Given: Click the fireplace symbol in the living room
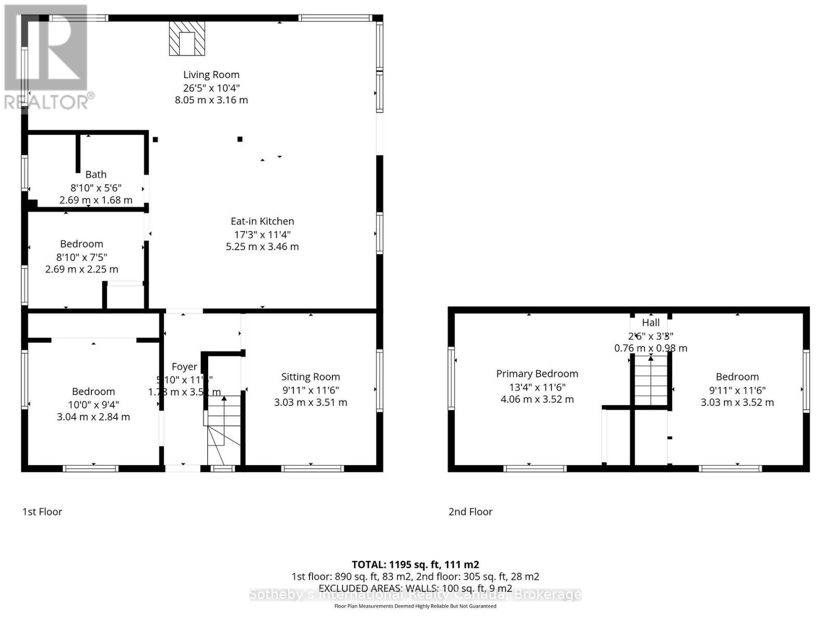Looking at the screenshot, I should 187,38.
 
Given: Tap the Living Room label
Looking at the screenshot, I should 211,75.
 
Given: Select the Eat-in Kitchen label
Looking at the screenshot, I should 262,221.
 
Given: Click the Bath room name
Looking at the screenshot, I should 96,174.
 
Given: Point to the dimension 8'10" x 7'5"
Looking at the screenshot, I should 82,256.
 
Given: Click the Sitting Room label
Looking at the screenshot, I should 311,377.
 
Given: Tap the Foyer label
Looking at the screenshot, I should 184,367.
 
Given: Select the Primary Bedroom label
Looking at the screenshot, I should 537,374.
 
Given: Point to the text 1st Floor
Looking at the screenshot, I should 42,511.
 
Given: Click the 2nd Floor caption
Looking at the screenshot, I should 470,511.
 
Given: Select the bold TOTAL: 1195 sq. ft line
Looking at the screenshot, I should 415,564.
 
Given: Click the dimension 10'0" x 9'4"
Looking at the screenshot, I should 93,404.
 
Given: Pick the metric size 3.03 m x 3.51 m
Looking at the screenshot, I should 311,402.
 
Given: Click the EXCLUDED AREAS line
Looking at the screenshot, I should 415,588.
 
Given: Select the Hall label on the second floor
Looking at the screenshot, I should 651,322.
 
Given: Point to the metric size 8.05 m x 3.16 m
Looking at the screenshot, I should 211,100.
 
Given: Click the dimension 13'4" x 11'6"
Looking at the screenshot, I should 537,387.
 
